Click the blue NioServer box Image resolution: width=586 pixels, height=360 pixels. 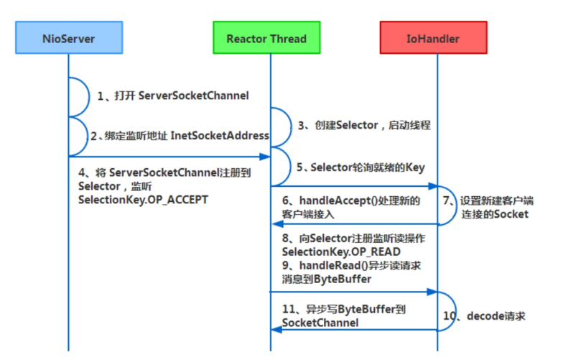pos(69,38)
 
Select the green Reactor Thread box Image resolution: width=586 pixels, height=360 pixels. pos(266,38)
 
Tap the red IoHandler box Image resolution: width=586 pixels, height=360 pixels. pos(433,38)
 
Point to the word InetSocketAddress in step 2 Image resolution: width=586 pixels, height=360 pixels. pos(220,136)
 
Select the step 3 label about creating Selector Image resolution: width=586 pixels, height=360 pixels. pos(364,125)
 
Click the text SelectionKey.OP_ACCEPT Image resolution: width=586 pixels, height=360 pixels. pos(143,199)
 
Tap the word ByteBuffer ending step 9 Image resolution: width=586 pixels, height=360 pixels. pos(341,279)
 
